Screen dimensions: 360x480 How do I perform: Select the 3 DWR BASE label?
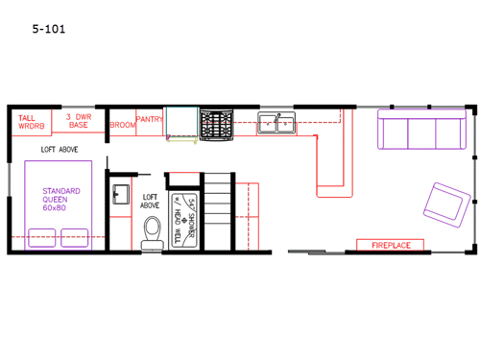(x=79, y=121)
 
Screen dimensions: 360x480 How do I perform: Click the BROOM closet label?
(x=122, y=125)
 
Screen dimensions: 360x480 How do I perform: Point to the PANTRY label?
(x=149, y=120)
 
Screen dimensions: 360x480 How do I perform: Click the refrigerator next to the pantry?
(x=180, y=124)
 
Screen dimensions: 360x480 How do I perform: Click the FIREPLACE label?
(x=391, y=246)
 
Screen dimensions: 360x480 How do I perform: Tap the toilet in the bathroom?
(x=152, y=233)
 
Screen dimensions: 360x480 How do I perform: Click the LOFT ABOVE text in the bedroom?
(x=60, y=150)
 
